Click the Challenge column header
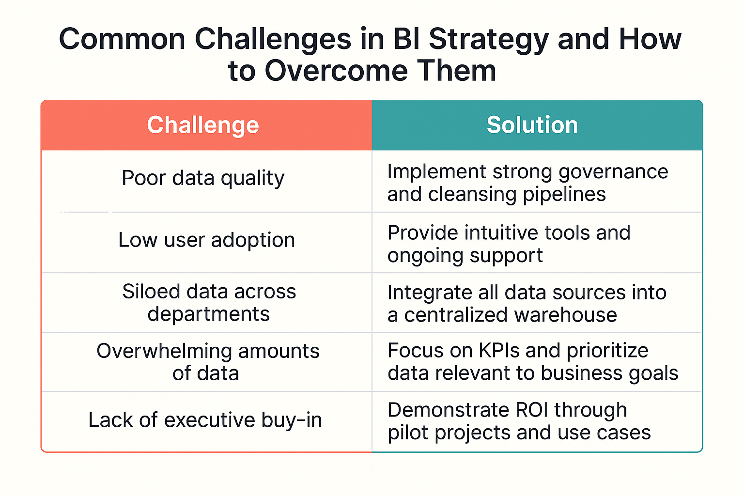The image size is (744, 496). pyautogui.click(x=203, y=125)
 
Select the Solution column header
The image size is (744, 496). pyautogui.click(x=532, y=125)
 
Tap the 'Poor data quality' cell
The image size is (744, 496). pyautogui.click(x=203, y=178)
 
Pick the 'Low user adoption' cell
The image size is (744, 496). pyautogui.click(x=207, y=240)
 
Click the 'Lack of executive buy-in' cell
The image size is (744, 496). pyautogui.click(x=205, y=420)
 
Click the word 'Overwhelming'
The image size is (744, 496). pyautogui.click(x=164, y=351)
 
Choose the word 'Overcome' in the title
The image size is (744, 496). pyautogui.click(x=336, y=71)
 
